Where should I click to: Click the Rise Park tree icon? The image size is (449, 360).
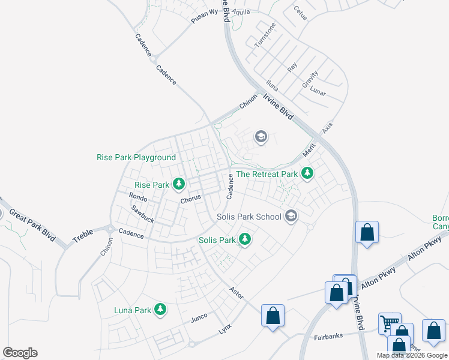point(178,184)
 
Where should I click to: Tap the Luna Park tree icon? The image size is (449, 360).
point(160,309)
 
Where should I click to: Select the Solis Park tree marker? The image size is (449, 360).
point(245,239)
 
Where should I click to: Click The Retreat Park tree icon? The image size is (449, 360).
point(307,173)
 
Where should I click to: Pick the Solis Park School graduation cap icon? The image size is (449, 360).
point(291,215)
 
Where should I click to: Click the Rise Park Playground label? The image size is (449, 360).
point(136,158)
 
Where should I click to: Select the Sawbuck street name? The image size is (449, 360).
point(143,214)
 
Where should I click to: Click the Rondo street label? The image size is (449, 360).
point(138,196)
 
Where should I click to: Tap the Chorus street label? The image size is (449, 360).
point(190,200)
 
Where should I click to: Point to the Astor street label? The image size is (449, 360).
point(236,290)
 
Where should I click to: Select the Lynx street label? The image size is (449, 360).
point(225,329)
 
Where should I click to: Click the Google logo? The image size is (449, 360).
point(20,353)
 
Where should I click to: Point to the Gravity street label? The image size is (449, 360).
point(310,80)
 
